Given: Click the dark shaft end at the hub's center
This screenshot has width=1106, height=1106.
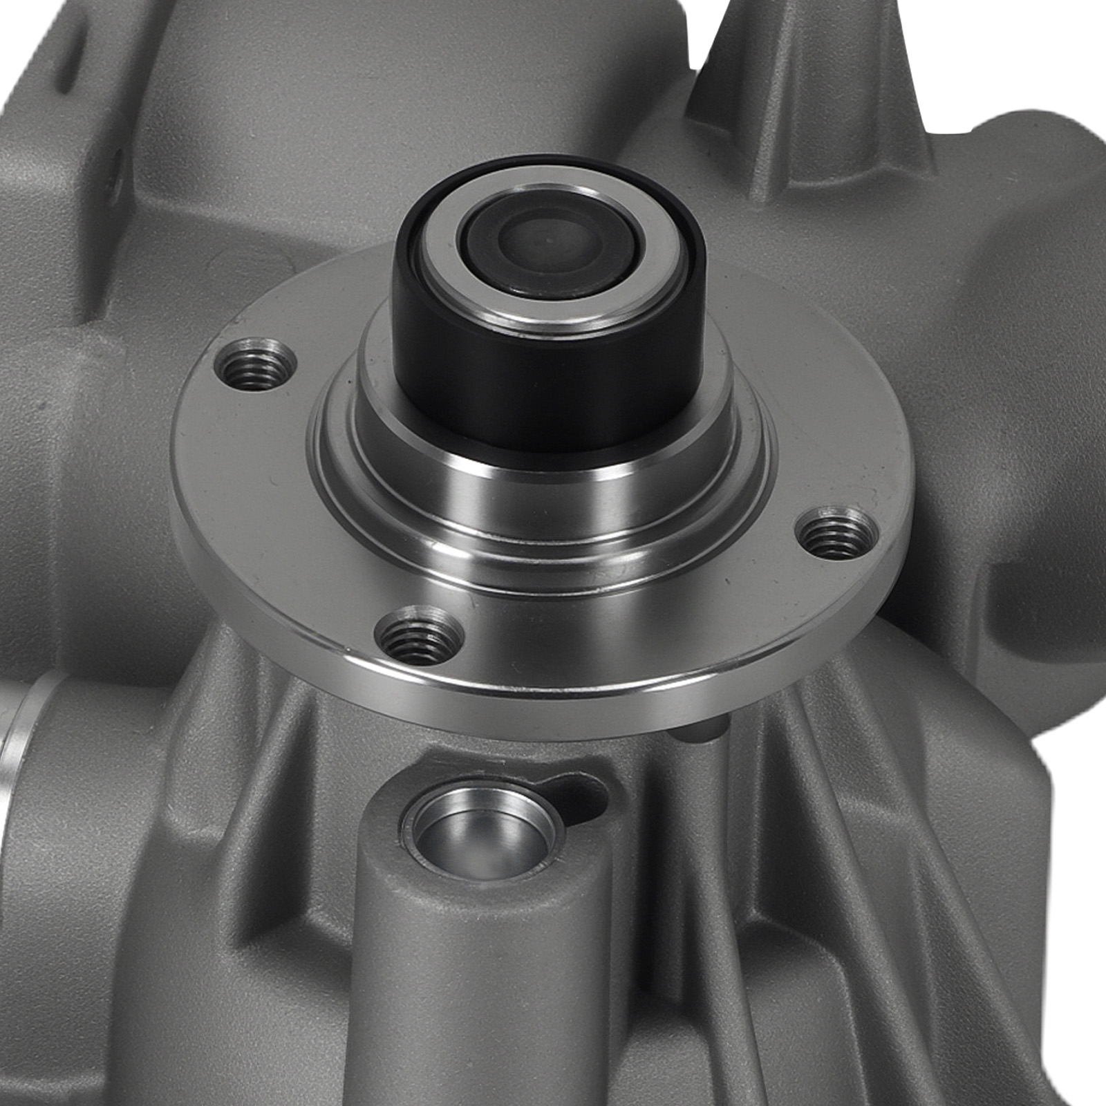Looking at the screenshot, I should point(550,243).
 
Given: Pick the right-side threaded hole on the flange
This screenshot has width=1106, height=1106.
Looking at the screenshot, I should point(838,532).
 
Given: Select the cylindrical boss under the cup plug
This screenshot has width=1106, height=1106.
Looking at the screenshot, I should point(477,982).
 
